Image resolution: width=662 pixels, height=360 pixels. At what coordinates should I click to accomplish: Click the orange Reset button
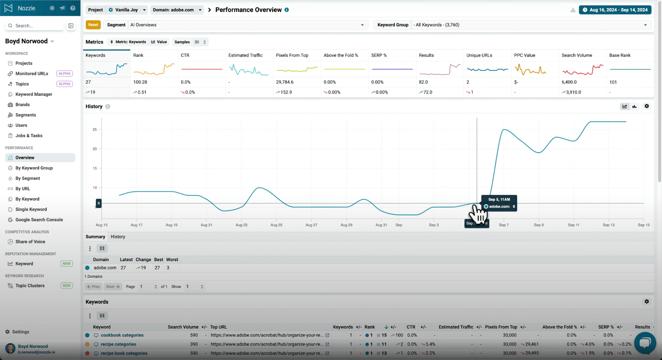(x=93, y=25)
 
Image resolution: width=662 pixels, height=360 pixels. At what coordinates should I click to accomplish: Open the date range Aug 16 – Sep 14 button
(x=615, y=10)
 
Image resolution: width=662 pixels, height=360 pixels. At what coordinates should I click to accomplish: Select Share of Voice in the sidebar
(x=30, y=242)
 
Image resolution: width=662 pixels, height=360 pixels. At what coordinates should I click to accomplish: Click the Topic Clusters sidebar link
(x=30, y=286)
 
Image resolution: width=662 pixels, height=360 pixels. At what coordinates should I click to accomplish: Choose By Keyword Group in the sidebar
(x=34, y=168)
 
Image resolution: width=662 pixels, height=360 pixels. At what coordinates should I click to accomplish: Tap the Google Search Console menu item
(x=39, y=220)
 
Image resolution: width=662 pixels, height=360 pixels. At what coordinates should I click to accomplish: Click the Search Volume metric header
(x=577, y=55)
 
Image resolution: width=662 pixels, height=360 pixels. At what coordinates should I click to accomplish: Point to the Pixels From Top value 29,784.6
(x=285, y=82)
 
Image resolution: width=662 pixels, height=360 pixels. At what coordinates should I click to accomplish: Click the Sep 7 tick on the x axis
(x=504, y=225)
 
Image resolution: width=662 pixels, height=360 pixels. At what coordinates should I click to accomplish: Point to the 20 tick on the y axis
(x=95, y=149)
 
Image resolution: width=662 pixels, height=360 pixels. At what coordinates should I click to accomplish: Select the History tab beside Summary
(x=118, y=237)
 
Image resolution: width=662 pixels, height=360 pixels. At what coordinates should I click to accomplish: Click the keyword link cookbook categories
(x=122, y=335)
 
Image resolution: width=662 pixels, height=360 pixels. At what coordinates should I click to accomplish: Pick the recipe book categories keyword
(x=124, y=353)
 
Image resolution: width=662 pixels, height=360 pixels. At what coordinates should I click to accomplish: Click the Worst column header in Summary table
(x=172, y=260)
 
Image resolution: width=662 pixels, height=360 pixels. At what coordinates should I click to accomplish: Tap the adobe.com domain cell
(x=105, y=268)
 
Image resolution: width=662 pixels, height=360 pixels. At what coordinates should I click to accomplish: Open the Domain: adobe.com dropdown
(x=177, y=10)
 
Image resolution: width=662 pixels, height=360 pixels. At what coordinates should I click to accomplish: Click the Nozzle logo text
(x=26, y=8)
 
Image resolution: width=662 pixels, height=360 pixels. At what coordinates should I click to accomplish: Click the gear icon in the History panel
(x=647, y=106)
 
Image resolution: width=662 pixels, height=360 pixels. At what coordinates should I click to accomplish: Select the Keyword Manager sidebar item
(x=34, y=94)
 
